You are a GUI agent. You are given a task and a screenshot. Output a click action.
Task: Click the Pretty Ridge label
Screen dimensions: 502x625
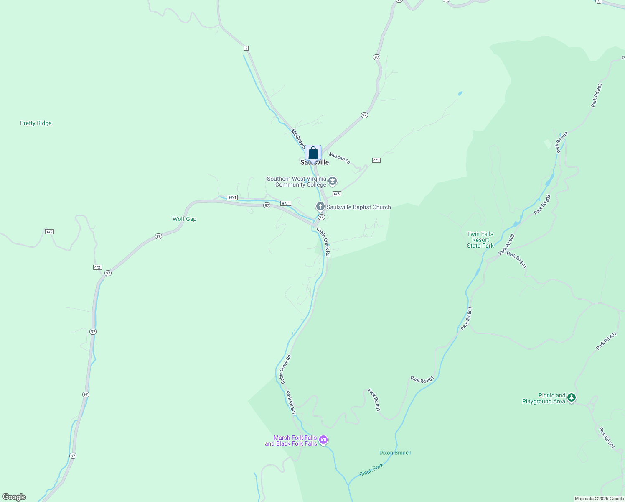[x=36, y=123]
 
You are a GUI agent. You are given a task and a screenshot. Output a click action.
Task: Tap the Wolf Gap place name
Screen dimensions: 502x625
[x=184, y=219]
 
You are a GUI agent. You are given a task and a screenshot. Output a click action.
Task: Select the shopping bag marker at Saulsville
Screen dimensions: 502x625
[x=313, y=153]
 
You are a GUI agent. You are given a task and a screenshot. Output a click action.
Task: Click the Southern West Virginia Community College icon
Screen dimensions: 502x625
[x=333, y=181]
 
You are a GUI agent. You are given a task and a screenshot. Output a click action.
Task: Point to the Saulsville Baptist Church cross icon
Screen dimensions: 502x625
[x=320, y=207]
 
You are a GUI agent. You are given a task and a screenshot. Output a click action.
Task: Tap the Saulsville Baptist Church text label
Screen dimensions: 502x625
[x=359, y=207]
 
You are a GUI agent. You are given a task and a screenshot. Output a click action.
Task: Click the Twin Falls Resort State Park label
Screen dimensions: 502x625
[x=480, y=240]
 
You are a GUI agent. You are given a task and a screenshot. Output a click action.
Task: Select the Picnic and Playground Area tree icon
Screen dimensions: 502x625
[x=572, y=398]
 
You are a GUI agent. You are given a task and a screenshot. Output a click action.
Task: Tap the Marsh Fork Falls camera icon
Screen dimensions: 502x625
[x=323, y=440]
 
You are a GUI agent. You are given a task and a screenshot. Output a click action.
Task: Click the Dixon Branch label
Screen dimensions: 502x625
[x=395, y=453]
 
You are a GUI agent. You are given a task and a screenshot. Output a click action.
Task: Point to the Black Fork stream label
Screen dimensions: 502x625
[x=371, y=470]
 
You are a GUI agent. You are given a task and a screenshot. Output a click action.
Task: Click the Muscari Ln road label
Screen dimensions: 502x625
[x=339, y=159]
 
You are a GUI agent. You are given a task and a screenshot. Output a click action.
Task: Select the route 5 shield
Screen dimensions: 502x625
[x=246, y=48]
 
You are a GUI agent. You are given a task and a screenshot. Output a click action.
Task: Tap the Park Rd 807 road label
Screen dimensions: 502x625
[x=291, y=403]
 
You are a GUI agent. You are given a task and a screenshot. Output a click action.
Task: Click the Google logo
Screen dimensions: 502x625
[x=14, y=497]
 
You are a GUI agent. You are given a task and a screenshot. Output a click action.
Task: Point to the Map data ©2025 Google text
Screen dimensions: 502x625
[x=599, y=499]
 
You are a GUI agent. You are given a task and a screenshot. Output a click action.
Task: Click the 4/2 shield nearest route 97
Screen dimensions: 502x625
[x=97, y=267]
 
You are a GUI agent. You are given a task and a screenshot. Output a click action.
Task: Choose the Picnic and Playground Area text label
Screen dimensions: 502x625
[x=544, y=398]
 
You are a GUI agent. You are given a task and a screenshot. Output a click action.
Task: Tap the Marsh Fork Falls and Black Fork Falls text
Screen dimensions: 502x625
[x=291, y=441]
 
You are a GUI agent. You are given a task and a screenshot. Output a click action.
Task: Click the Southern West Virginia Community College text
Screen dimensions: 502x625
[x=297, y=182]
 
